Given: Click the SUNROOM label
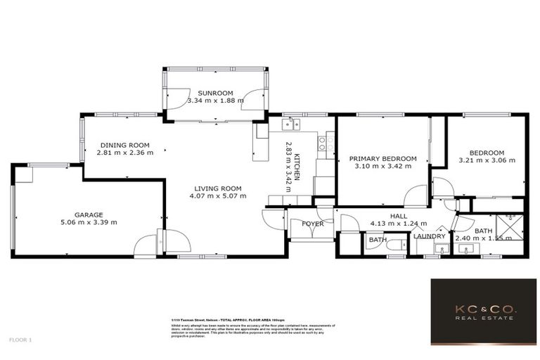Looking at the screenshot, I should tap(215, 93).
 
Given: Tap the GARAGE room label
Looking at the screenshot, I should tap(89, 214).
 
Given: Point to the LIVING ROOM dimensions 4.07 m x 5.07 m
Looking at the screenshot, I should tap(218, 196).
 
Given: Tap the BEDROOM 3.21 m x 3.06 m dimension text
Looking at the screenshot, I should tap(487, 161).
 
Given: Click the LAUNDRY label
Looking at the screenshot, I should tap(430, 236).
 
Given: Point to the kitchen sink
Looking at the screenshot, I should tap(290, 125).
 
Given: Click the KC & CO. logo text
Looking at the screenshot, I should tap(482, 309).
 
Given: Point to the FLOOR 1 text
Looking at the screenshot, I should tap(20, 340).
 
